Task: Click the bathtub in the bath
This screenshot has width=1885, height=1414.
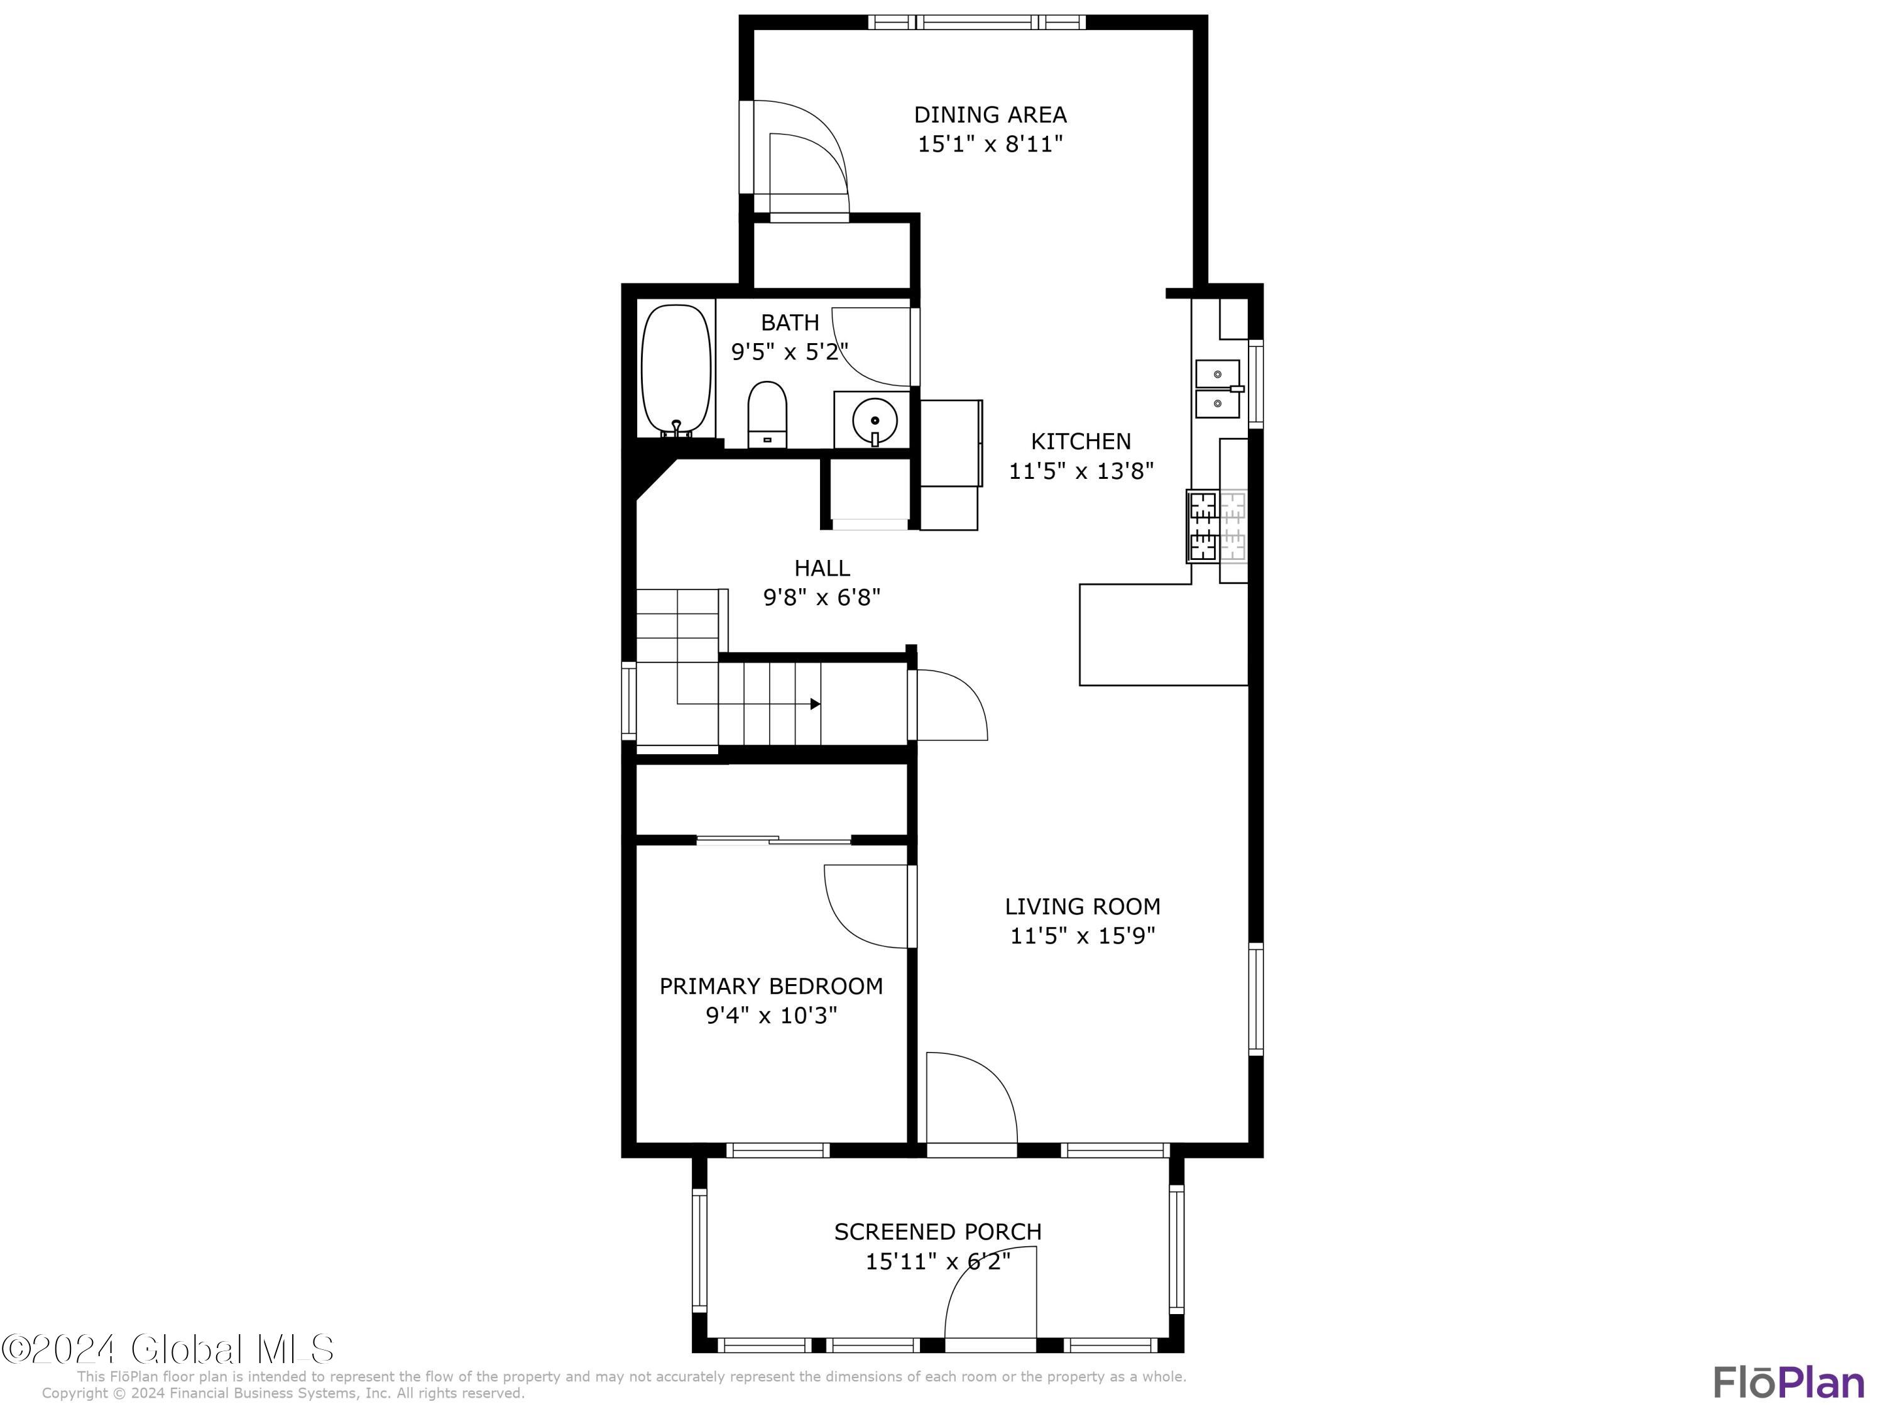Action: pyautogui.click(x=675, y=371)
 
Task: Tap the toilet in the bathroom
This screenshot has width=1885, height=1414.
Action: pyautogui.click(x=767, y=414)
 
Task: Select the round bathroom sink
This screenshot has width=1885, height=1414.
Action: pyautogui.click(x=875, y=421)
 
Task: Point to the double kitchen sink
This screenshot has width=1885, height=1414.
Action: pyautogui.click(x=1218, y=388)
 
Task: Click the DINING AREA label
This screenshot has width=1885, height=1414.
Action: pyautogui.click(x=990, y=114)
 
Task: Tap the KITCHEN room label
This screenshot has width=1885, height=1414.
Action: pyautogui.click(x=1081, y=442)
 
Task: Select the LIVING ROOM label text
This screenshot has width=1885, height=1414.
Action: pyautogui.click(x=1082, y=906)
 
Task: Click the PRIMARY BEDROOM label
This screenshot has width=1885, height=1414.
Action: pyautogui.click(x=771, y=986)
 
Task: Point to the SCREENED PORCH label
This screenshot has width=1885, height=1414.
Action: pyautogui.click(x=937, y=1232)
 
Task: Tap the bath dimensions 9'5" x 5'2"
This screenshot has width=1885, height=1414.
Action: pyautogui.click(x=790, y=352)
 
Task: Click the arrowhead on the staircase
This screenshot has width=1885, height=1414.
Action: pyautogui.click(x=816, y=704)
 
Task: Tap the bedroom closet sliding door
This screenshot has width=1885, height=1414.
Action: pyautogui.click(x=773, y=840)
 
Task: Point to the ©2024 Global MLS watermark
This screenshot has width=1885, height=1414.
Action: pyautogui.click(x=168, y=1349)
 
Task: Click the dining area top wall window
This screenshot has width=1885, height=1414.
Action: pyautogui.click(x=976, y=22)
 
